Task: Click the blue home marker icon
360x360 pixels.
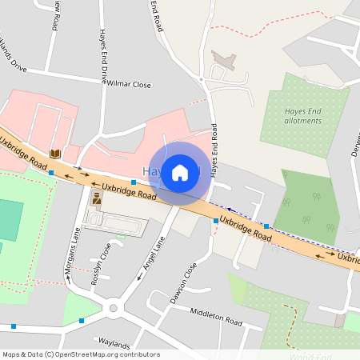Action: [180, 171]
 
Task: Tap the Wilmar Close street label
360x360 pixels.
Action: [128, 83]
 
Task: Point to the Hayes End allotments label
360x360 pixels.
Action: [303, 116]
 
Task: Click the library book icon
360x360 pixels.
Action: [55, 153]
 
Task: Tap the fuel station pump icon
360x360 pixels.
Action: [97, 197]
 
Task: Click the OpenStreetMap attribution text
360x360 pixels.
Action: [81, 354]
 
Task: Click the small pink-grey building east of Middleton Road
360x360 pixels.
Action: [342, 322]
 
